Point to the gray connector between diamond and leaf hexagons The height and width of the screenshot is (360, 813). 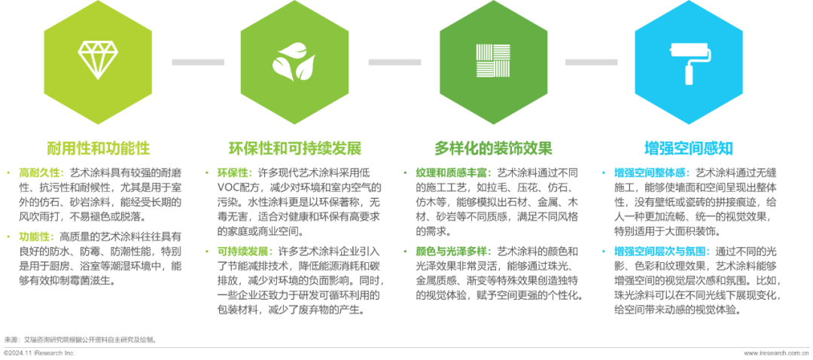coord(198,62)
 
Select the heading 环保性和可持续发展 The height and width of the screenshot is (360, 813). coord(294,146)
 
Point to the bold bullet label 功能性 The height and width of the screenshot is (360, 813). coord(33,236)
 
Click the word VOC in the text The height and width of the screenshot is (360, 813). coord(228,186)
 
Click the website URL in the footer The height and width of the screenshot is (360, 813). coord(775,352)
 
